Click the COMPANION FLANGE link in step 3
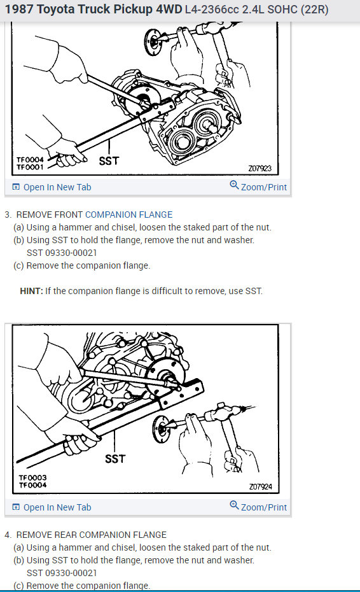click(x=128, y=215)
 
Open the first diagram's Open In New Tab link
click(x=52, y=187)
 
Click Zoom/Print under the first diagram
click(x=258, y=187)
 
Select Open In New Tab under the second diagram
click(x=52, y=507)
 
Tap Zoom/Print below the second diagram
click(x=258, y=507)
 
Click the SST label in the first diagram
click(x=109, y=161)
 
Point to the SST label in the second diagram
click(x=115, y=459)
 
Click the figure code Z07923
click(x=260, y=169)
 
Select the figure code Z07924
click(x=260, y=487)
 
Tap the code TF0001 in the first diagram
click(x=30, y=167)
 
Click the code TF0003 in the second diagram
click(x=33, y=477)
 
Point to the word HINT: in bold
click(x=31, y=291)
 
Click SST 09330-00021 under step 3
click(x=62, y=253)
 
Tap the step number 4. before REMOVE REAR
click(x=8, y=535)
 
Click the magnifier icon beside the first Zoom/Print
click(x=234, y=185)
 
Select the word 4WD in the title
click(x=169, y=9)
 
